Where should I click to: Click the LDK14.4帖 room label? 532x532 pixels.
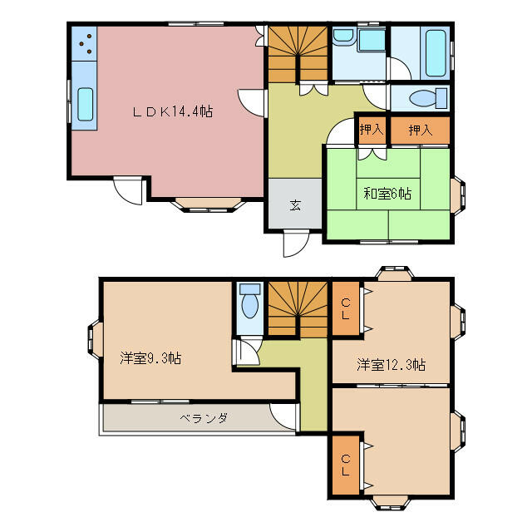[x=174, y=111]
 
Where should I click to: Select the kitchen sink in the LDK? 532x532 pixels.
[x=85, y=104]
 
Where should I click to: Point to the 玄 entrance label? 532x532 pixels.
[x=294, y=205]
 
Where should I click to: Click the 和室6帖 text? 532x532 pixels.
[x=387, y=194]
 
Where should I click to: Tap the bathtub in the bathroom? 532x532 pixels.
[x=435, y=52]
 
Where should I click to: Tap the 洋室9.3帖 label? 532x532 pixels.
[x=150, y=358]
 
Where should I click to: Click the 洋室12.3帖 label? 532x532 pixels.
[x=392, y=364]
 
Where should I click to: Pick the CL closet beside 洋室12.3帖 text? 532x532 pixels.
[x=344, y=308]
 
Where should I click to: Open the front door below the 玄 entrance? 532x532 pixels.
[x=293, y=244]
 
